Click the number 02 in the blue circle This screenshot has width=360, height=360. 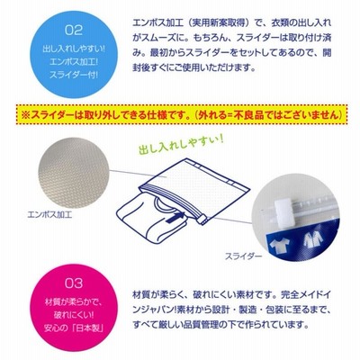tap(74, 31)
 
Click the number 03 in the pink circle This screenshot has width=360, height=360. tap(74, 283)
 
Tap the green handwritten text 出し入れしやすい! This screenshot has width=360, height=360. tap(181, 144)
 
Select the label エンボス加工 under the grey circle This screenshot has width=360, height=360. tap(49, 215)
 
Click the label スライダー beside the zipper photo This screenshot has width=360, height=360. tap(243, 256)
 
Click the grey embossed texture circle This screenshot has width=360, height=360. tap(74, 173)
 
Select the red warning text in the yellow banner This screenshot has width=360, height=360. tap(182, 115)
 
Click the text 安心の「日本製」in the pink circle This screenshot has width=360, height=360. tap(74, 328)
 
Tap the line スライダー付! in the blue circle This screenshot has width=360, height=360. tap(74, 75)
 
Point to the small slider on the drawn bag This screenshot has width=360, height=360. tap(202, 221)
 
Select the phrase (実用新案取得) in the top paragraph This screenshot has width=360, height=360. tap(220, 23)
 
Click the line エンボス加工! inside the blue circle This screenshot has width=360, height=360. tap(74, 61)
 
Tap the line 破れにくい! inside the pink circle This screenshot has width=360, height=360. tap(74, 315)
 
